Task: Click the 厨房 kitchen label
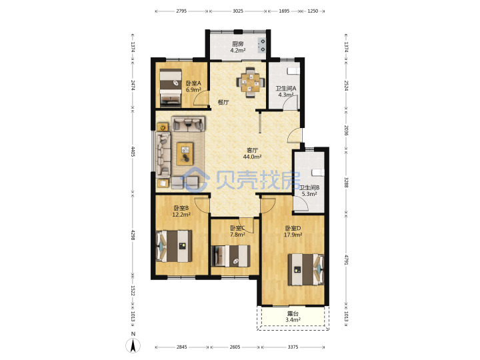(x=237, y=44)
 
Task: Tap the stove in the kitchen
(x=262, y=45)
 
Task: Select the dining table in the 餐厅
(x=251, y=83)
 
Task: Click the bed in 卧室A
(x=171, y=88)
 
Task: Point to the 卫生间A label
(x=285, y=89)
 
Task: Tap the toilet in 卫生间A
(x=293, y=71)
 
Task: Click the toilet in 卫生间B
(x=318, y=173)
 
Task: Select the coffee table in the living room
(x=185, y=154)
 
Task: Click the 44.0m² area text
(x=252, y=157)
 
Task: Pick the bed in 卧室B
(x=174, y=246)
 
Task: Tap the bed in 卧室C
(x=231, y=256)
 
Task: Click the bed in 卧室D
(x=306, y=270)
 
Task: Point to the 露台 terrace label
(x=293, y=314)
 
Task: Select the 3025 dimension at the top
(x=237, y=11)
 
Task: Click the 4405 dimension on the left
(x=133, y=151)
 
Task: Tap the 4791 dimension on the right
(x=346, y=260)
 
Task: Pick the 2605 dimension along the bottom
(x=235, y=347)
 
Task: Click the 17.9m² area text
(x=293, y=235)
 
